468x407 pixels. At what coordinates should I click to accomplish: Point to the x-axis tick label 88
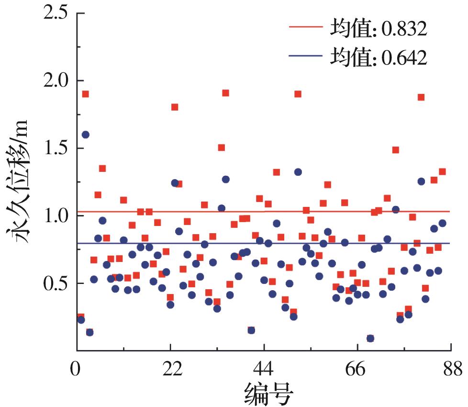(x=450, y=370)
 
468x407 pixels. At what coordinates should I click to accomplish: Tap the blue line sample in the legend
(x=306, y=56)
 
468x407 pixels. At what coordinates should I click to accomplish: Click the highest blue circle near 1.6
(x=85, y=135)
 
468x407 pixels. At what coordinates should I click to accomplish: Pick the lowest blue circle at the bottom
(x=370, y=338)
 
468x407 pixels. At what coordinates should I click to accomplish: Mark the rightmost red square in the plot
(x=442, y=171)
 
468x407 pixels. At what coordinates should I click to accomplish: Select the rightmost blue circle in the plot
(x=442, y=223)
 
